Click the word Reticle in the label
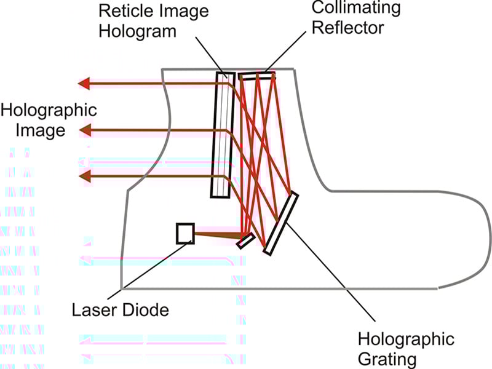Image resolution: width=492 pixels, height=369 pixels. point(124,11)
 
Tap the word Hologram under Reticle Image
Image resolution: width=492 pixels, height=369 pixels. point(137,32)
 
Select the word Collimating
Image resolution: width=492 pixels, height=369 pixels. point(356,8)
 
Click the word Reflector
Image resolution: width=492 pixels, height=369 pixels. point(347,28)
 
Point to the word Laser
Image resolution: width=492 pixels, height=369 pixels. point(94,310)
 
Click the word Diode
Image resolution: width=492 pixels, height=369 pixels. point(145,310)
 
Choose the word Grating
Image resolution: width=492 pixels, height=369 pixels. point(387,360)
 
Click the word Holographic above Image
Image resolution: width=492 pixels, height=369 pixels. point(49,111)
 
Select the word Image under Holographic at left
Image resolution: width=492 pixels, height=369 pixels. point(41,130)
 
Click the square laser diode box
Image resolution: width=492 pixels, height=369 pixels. point(185,234)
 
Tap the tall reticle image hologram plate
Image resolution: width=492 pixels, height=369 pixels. point(223,135)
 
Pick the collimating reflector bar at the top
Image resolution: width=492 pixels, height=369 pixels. point(257,76)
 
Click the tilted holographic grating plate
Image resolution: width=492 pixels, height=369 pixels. point(280,223)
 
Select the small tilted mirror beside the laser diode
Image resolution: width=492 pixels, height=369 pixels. point(247,241)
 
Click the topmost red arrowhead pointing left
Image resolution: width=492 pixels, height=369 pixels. point(84,84)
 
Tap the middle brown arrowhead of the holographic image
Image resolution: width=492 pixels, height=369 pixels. point(85,130)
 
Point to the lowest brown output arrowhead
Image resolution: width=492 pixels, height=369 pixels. point(85,176)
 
